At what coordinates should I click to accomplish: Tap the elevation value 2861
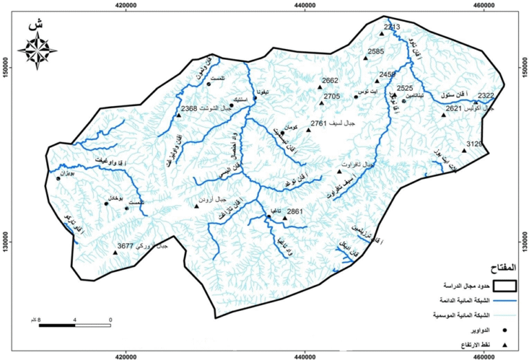pyautogui.click(x=295, y=211)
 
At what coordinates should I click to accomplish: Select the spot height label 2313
pyautogui.click(x=391, y=27)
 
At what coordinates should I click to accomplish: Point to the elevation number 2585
pyautogui.click(x=376, y=52)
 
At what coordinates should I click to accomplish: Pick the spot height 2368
pyautogui.click(x=189, y=109)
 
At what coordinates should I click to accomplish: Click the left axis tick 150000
pyautogui.click(x=5, y=69)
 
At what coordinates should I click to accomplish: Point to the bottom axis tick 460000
pyautogui.click(x=486, y=356)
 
